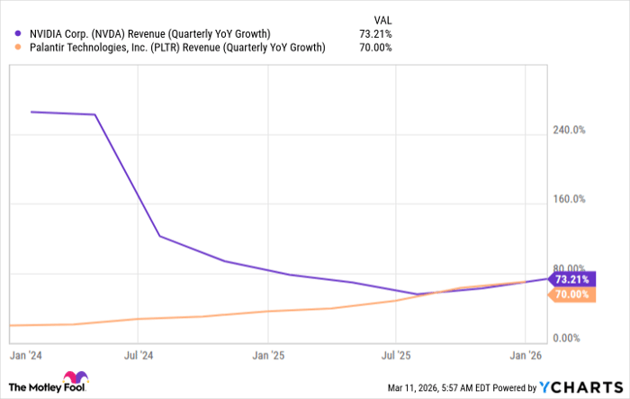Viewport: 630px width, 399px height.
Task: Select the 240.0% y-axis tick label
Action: (x=569, y=130)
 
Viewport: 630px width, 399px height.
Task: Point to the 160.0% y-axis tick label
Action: (x=569, y=199)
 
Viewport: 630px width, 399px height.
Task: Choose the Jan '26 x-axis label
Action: (x=526, y=356)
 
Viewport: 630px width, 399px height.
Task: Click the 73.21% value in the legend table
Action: (x=375, y=34)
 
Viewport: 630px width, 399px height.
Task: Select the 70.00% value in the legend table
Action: (x=375, y=48)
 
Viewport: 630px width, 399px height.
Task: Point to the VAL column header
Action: (x=382, y=18)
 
